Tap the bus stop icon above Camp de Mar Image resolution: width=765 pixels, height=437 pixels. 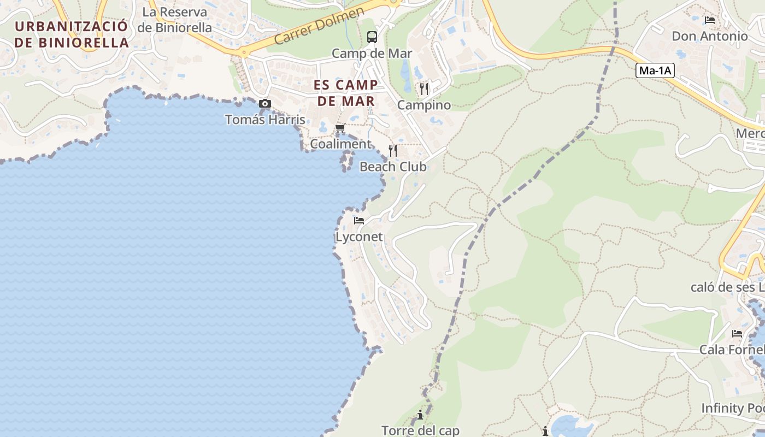[x=372, y=37]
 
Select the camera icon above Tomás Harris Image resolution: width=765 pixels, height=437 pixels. [x=265, y=103]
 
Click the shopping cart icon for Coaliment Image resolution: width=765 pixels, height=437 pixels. [x=340, y=128]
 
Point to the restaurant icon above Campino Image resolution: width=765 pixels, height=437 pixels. [x=424, y=88]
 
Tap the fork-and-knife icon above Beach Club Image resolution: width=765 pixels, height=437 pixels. [x=392, y=150]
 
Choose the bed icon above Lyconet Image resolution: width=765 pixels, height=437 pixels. [x=359, y=221]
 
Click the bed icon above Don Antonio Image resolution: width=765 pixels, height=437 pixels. [x=710, y=20]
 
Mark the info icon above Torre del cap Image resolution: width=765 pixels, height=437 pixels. [x=420, y=415]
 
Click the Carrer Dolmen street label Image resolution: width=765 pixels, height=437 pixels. [x=319, y=26]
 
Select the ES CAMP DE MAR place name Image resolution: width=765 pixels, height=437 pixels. [x=346, y=93]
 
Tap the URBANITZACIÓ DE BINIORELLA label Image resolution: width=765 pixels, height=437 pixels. [x=72, y=34]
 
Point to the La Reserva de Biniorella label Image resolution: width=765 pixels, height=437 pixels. [x=175, y=20]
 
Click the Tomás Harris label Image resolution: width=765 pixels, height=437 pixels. [x=265, y=119]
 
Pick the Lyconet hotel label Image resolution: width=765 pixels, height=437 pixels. [x=359, y=237]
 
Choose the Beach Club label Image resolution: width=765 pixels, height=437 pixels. [x=393, y=167]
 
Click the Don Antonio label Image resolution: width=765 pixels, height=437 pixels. [x=710, y=36]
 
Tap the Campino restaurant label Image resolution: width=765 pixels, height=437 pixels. [x=424, y=105]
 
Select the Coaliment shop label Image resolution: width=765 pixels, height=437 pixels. [x=340, y=144]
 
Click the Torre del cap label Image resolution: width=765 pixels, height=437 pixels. [x=420, y=430]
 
